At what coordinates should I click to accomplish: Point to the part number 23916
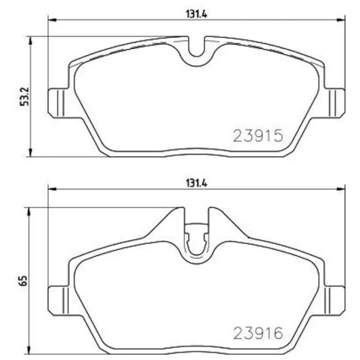click(x=257, y=331)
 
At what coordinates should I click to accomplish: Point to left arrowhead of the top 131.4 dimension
click(x=52, y=22)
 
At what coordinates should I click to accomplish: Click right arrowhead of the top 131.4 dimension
click(x=342, y=22)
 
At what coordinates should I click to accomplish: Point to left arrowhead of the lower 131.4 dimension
click(x=52, y=188)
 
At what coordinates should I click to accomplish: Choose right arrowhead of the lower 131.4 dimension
click(x=342, y=188)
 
